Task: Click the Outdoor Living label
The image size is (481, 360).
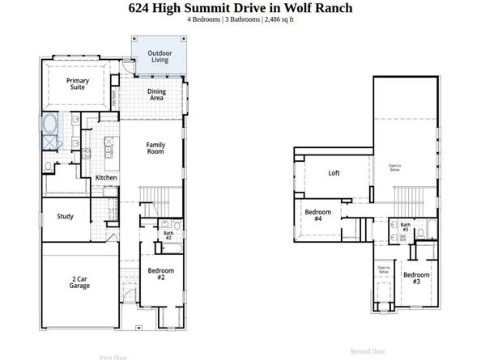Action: tap(159, 57)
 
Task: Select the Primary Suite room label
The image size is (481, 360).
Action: tap(78, 85)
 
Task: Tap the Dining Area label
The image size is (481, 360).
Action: tap(156, 95)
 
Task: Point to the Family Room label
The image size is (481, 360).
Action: tap(155, 149)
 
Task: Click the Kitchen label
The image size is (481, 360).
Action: tap(107, 177)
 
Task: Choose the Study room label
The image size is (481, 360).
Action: tap(66, 217)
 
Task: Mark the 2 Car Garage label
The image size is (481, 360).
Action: tap(79, 282)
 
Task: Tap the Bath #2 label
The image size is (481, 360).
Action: tap(168, 235)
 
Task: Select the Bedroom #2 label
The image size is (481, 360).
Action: tap(156, 273)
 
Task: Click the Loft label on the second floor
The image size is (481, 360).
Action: tap(334, 173)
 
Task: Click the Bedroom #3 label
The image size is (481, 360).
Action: tap(416, 277)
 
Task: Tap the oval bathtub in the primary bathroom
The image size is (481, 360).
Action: tap(49, 125)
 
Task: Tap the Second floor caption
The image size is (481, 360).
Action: tap(368, 351)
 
